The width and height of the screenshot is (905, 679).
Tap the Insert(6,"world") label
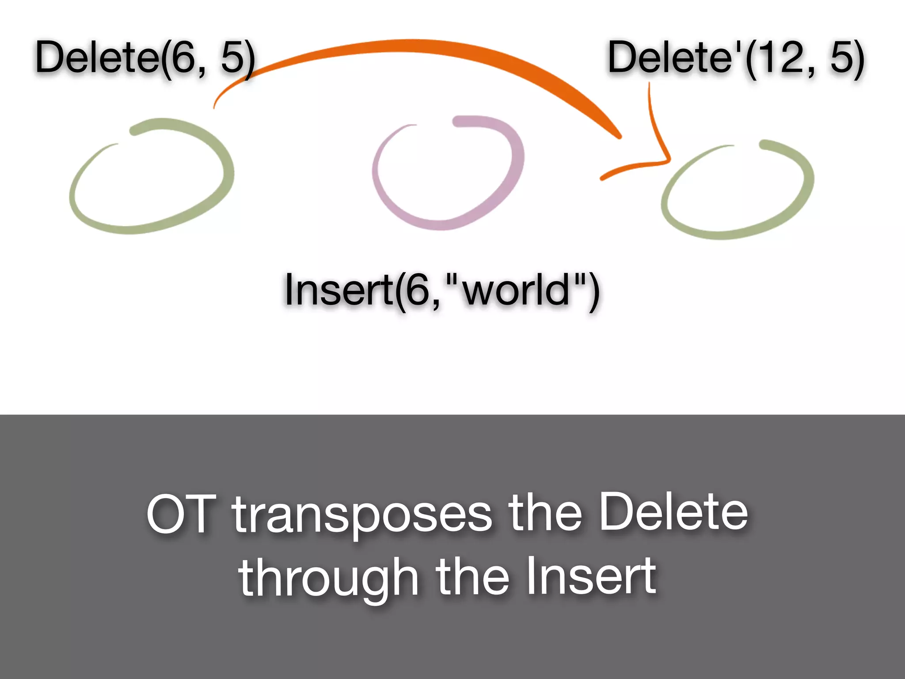[x=442, y=290]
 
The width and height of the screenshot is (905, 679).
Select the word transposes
[x=361, y=515]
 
